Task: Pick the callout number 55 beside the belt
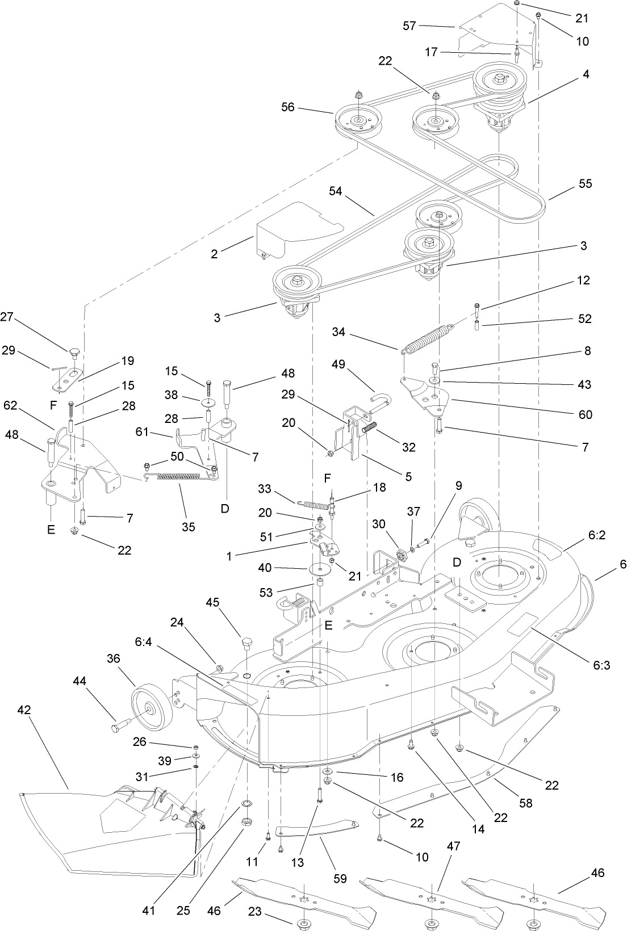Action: pos(586,183)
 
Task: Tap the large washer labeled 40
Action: pos(321,568)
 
